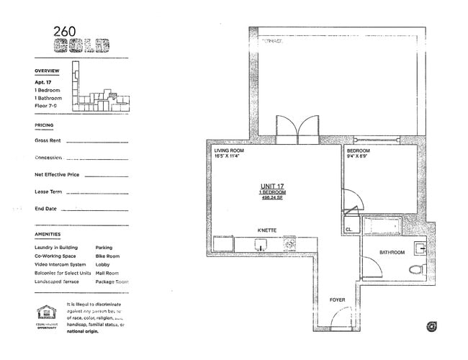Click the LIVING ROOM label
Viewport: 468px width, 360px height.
point(229,151)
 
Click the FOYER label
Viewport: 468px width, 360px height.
point(338,300)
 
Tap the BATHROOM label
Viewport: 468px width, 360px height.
point(392,253)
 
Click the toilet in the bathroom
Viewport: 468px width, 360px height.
point(415,271)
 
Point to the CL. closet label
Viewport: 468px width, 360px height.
point(349,230)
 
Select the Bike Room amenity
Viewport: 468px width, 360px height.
point(107,256)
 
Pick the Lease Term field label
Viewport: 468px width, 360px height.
point(48,192)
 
